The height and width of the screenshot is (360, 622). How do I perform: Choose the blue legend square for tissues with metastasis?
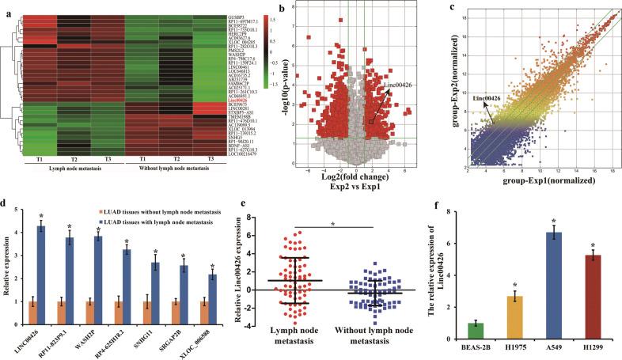pos(55,221)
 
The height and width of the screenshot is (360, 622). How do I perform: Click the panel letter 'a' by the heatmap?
pos(6,6)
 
